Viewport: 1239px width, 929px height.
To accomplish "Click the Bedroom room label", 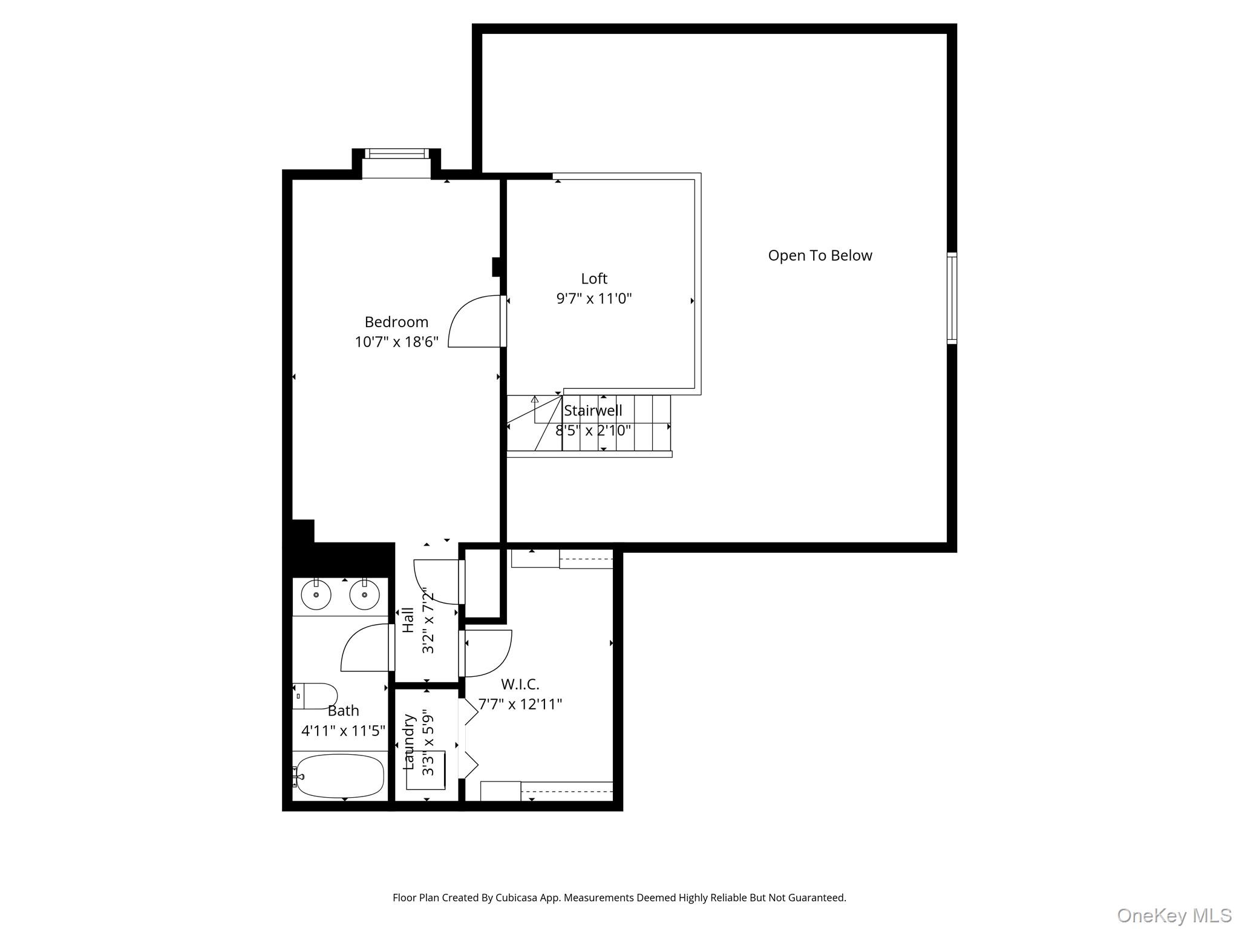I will coord(396,322).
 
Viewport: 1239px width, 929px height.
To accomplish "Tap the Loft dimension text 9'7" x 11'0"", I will coord(593,298).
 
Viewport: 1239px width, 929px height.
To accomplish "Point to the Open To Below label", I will coord(820,255).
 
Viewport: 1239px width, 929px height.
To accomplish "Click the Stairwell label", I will coord(593,411).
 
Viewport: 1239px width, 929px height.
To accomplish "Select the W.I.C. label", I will coord(520,684).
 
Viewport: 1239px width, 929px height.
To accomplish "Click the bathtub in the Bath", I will coord(341,776).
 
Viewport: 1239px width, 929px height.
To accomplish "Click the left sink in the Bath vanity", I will coord(316,595).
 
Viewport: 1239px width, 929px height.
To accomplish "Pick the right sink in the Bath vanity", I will coord(364,595).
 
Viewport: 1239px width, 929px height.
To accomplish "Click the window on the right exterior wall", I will coord(952,298).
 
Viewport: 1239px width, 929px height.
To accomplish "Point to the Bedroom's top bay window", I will coord(396,154).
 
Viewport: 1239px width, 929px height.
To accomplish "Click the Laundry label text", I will coord(410,742).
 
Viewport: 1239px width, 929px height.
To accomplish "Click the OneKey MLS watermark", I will coord(1174,916).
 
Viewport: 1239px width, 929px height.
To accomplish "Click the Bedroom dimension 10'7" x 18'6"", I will coord(396,342).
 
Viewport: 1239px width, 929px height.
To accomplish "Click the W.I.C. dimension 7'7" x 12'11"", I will coord(520,704).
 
